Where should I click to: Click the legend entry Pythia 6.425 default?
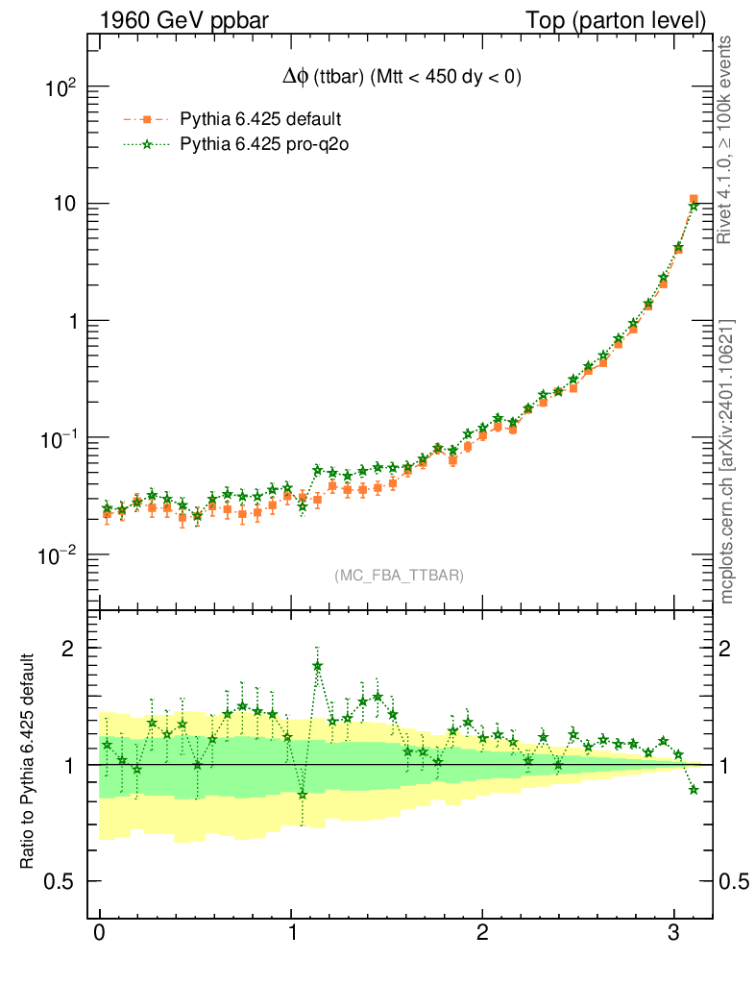coord(260,120)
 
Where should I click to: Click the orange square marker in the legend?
coord(147,120)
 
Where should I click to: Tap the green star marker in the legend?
coord(147,145)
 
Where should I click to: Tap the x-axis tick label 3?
coord(673,933)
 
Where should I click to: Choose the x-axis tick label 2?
coord(482,933)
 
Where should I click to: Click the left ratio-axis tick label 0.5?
coord(61,881)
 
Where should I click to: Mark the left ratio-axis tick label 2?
coord(68,649)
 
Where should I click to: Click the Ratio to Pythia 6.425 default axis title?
coord(28,761)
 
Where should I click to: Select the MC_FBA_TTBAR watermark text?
coord(400,576)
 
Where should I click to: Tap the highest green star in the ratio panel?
coord(318,665)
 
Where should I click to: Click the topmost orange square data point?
coord(694,199)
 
